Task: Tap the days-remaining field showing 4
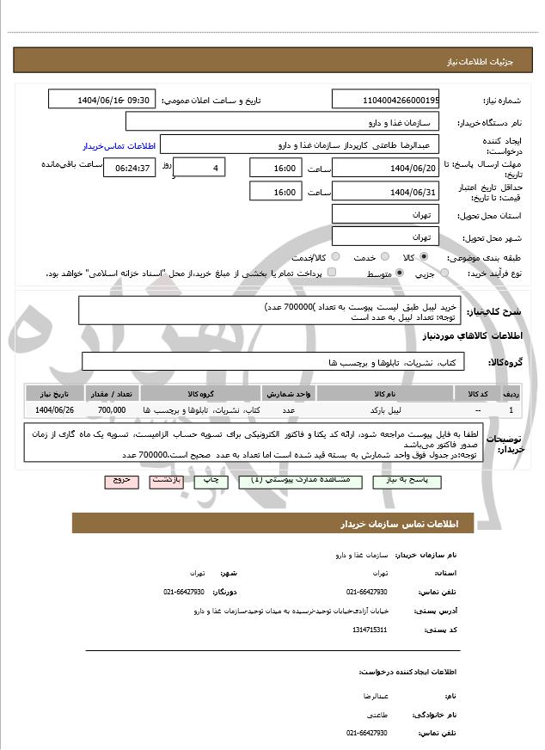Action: tap(199, 168)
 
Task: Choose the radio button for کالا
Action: tap(423, 257)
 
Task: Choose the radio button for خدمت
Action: tap(384, 257)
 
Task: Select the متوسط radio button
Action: tap(400, 273)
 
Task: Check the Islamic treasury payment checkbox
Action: tap(332, 273)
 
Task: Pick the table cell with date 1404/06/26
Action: tap(55, 411)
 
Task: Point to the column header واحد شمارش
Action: tap(291, 393)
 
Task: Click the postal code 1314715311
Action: tap(370, 630)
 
